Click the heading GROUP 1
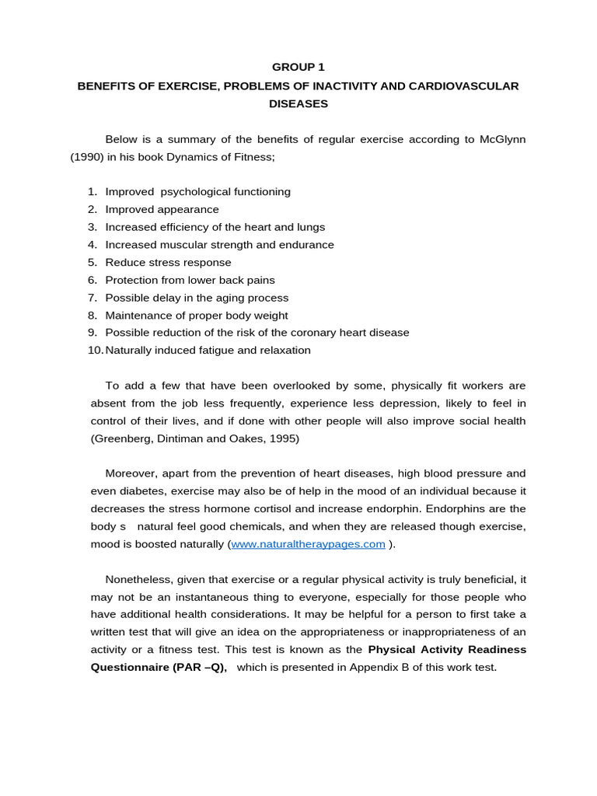coord(298,68)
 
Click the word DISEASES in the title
coord(298,103)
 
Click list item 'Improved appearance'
coord(162,209)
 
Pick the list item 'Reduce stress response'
coord(168,263)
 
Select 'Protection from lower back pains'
coord(190,280)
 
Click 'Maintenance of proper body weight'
coord(196,316)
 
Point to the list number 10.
coord(95,351)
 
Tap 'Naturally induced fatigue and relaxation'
coord(208,351)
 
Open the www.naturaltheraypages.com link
coord(308,544)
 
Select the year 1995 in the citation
coord(284,438)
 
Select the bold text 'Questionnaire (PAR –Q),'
coord(159,668)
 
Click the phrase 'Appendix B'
coord(379,668)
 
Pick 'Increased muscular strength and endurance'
coord(219,245)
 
